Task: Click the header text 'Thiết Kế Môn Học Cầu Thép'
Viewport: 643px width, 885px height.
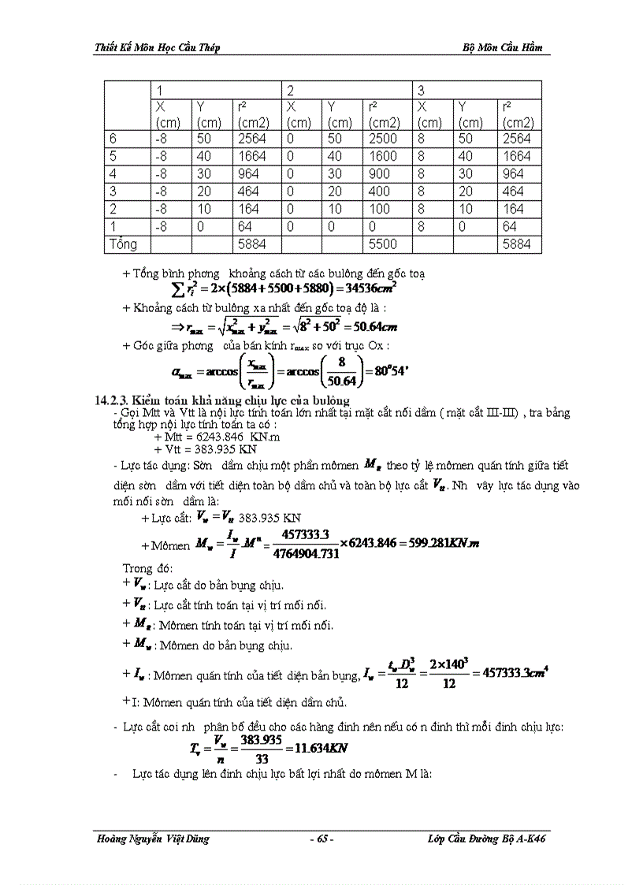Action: pos(157,47)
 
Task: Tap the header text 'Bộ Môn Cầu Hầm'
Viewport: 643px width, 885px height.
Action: pos(503,47)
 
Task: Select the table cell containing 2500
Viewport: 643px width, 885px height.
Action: pos(383,139)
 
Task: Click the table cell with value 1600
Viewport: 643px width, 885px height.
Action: pos(383,156)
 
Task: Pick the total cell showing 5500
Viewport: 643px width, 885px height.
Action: pos(383,244)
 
